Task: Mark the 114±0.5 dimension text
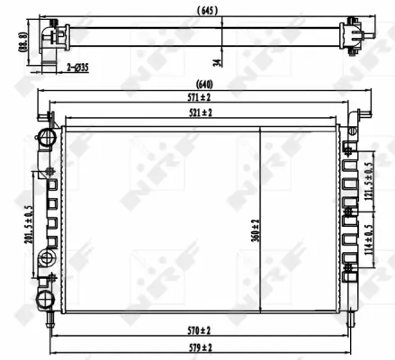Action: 369,241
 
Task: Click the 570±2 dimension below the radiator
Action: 201,329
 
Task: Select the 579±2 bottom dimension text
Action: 201,346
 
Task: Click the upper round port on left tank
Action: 42,137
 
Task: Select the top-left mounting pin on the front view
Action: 47,115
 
